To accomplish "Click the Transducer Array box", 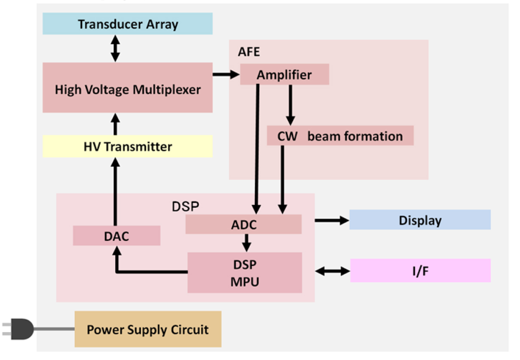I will point(128,24).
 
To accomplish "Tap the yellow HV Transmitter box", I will point(128,146).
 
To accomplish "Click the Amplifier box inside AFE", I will point(284,75).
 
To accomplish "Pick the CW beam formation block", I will point(340,136).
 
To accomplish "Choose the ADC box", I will point(243,224).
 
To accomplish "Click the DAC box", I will point(116,236).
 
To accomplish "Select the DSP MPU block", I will point(245,272).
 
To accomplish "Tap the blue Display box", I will point(420,220).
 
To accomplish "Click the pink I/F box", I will point(420,271).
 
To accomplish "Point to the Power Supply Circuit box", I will point(148,329).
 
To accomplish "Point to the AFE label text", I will point(249,52).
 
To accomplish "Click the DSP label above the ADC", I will point(185,206).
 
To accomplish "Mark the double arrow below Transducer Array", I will point(115,49).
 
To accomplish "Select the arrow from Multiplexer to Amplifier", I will point(226,75).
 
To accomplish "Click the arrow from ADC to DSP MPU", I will point(246,243).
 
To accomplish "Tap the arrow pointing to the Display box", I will point(332,220).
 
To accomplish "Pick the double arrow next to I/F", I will point(333,271).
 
